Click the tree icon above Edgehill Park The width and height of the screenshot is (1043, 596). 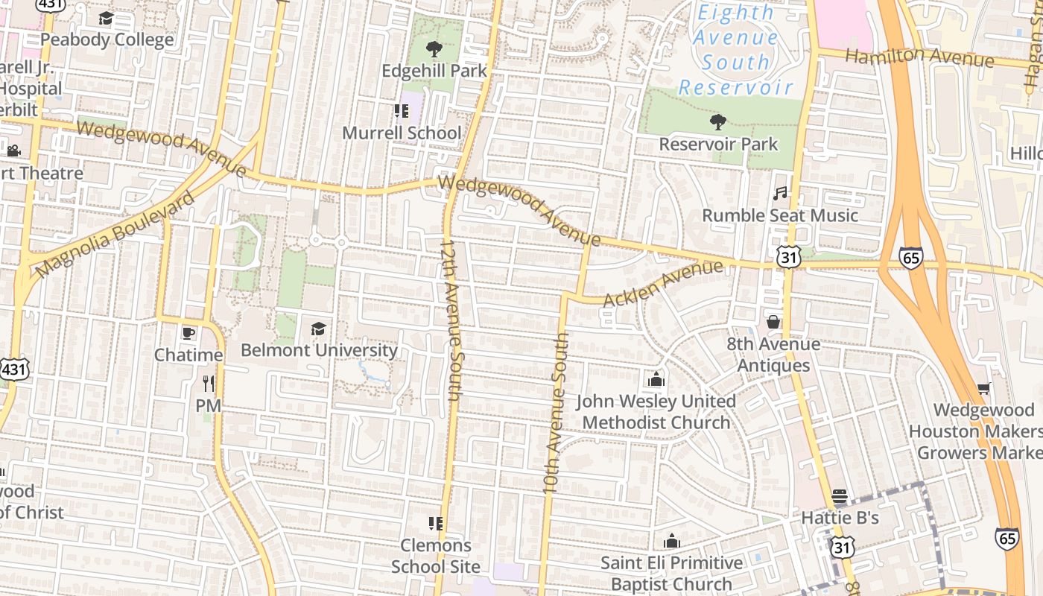tap(434, 50)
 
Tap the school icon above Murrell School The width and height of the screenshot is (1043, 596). tap(402, 112)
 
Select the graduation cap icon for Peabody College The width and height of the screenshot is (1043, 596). tap(107, 19)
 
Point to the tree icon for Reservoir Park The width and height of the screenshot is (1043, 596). tap(718, 122)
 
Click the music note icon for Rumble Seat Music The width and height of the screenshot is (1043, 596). tap(780, 194)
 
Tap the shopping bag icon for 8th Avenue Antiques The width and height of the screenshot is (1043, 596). tap(773, 322)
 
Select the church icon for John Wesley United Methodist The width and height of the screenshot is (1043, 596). tap(656, 379)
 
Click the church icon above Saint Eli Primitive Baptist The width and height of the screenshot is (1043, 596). tap(672, 541)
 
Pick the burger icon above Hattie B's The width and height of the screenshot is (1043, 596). tap(840, 496)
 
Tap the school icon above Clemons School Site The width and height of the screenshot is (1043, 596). tap(436, 524)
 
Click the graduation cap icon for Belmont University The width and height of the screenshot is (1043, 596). tap(318, 329)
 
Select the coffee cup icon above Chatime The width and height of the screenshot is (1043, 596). tap(188, 333)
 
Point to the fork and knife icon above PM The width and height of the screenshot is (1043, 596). tap(209, 384)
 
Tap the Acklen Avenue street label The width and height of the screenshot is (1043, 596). tap(662, 283)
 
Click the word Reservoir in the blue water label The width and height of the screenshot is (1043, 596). tap(735, 87)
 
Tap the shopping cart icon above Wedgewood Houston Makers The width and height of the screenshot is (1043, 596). tap(983, 389)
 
